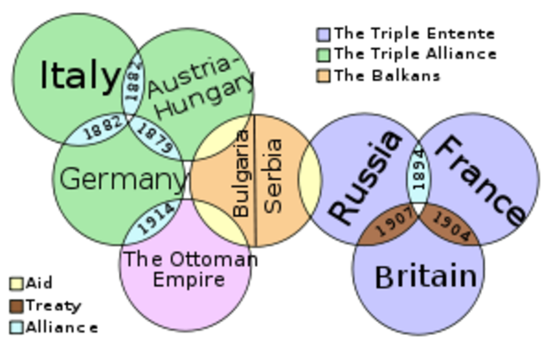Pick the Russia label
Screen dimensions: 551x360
click(365, 177)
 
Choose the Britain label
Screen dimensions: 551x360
click(425, 276)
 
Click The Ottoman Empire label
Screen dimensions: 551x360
click(186, 268)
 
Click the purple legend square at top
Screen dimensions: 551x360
click(323, 35)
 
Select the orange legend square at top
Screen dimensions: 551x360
click(323, 76)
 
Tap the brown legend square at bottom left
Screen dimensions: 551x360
click(16, 305)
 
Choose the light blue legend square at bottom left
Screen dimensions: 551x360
click(16, 326)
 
